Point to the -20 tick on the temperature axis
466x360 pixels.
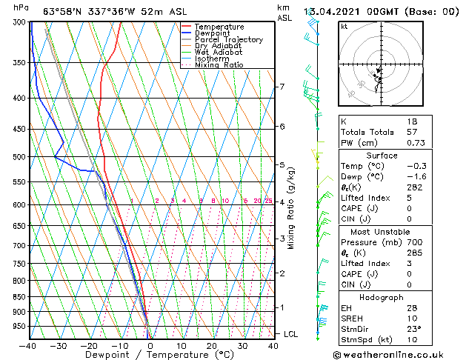tap(88, 345)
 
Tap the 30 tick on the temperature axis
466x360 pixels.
tap(242, 345)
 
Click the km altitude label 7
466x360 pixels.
tap(282, 87)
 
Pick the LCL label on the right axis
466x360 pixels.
tap(290, 335)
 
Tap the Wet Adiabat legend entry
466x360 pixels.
tap(218, 53)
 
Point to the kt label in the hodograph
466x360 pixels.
tap(344, 27)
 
